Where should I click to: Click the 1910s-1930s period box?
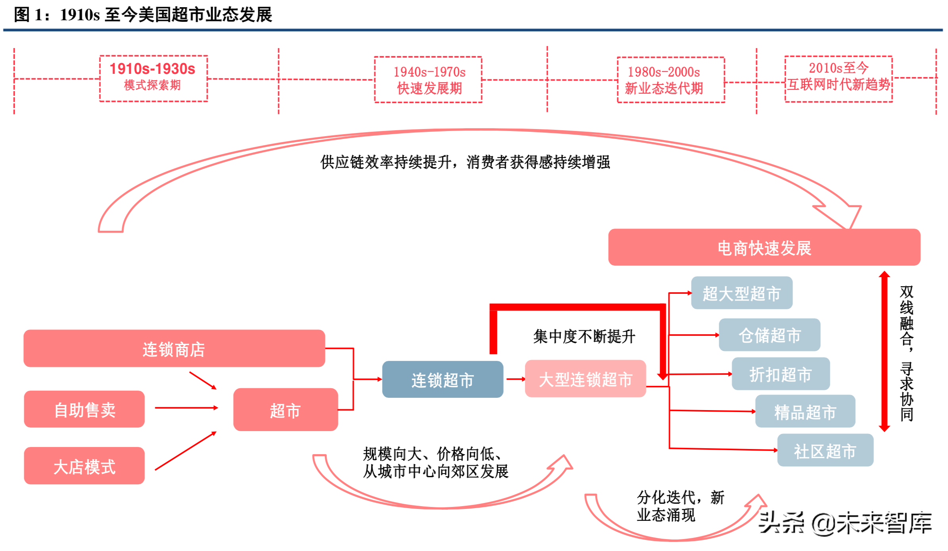(x=153, y=78)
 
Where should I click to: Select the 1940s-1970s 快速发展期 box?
(x=428, y=79)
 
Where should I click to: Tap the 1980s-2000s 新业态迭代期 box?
(x=671, y=79)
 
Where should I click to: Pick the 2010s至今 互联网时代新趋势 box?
(x=838, y=79)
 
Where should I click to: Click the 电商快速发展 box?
(x=764, y=247)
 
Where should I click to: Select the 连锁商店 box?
(x=174, y=349)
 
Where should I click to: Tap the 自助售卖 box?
(x=84, y=409)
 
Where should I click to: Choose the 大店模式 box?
(x=84, y=466)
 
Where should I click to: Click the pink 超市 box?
(x=285, y=410)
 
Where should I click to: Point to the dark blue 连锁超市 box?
(x=442, y=380)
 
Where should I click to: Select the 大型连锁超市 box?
(x=585, y=379)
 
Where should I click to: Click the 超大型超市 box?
(x=741, y=293)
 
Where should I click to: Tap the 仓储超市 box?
(x=769, y=335)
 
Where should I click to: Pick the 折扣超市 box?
(x=780, y=374)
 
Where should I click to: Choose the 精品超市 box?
(x=805, y=411)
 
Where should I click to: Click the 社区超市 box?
(x=825, y=450)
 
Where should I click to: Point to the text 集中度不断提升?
(x=583, y=336)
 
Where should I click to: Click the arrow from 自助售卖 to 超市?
(x=186, y=408)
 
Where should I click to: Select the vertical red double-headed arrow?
(x=884, y=351)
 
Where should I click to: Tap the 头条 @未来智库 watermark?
(x=845, y=523)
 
